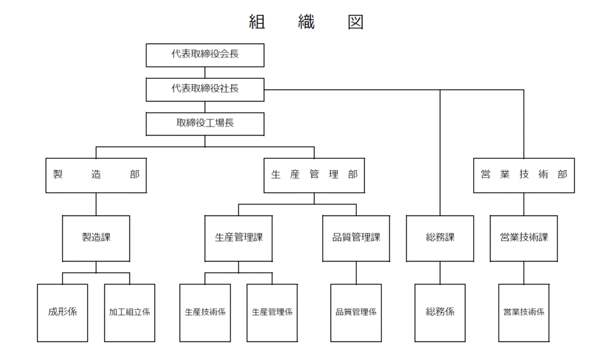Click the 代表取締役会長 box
pyautogui.click(x=205, y=55)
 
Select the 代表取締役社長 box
pyautogui.click(x=205, y=90)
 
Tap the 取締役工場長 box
pyautogui.click(x=205, y=124)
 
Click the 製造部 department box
pyautogui.click(x=96, y=175)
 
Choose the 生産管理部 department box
pyautogui.click(x=314, y=175)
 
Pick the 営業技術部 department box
pyautogui.click(x=524, y=175)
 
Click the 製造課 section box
pyautogui.click(x=96, y=238)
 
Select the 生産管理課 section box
pyautogui.click(x=239, y=238)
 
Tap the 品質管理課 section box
pyautogui.click(x=356, y=238)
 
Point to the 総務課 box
pyautogui.click(x=440, y=238)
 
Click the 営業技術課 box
pyautogui.click(x=524, y=238)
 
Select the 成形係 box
pyautogui.click(x=62, y=313)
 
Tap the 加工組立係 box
pyautogui.click(x=129, y=313)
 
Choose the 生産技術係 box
pyautogui.click(x=205, y=313)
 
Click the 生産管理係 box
pyautogui.click(x=272, y=313)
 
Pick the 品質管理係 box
pyautogui.click(x=356, y=313)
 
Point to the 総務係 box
pyautogui.click(x=440, y=313)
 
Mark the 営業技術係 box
pyautogui.click(x=524, y=313)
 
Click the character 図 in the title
pyautogui.click(x=356, y=22)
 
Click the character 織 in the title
pyautogui.click(x=306, y=22)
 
